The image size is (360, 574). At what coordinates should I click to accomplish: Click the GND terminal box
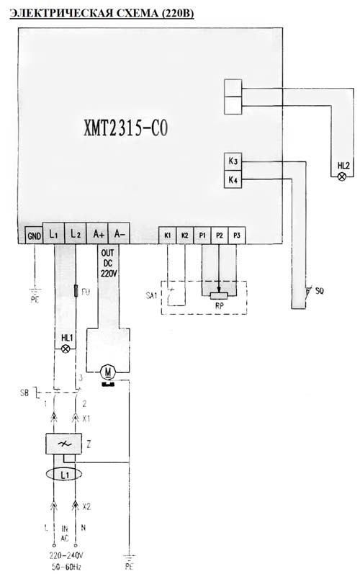click(x=34, y=235)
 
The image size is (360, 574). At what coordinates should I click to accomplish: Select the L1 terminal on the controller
click(x=54, y=233)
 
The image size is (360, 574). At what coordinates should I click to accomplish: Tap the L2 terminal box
click(x=76, y=233)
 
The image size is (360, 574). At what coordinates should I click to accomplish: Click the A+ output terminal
click(x=97, y=233)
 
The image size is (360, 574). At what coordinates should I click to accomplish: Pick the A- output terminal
click(x=119, y=233)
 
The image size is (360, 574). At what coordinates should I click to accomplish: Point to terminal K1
click(x=167, y=236)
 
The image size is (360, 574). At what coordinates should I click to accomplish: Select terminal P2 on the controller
click(x=219, y=236)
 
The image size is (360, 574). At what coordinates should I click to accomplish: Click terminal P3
click(x=237, y=236)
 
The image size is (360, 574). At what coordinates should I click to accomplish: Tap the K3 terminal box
click(x=233, y=161)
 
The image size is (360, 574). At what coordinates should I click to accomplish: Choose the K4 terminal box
click(x=233, y=179)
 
